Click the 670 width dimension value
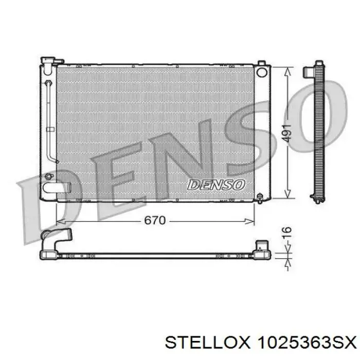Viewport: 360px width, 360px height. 155,221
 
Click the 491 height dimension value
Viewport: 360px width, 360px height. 287,133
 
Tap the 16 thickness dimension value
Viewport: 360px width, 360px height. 287,232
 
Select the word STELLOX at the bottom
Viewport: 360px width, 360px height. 207,343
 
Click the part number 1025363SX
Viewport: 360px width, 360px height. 307,343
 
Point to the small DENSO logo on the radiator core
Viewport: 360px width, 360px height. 217,185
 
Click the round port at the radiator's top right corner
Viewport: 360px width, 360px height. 262,73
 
